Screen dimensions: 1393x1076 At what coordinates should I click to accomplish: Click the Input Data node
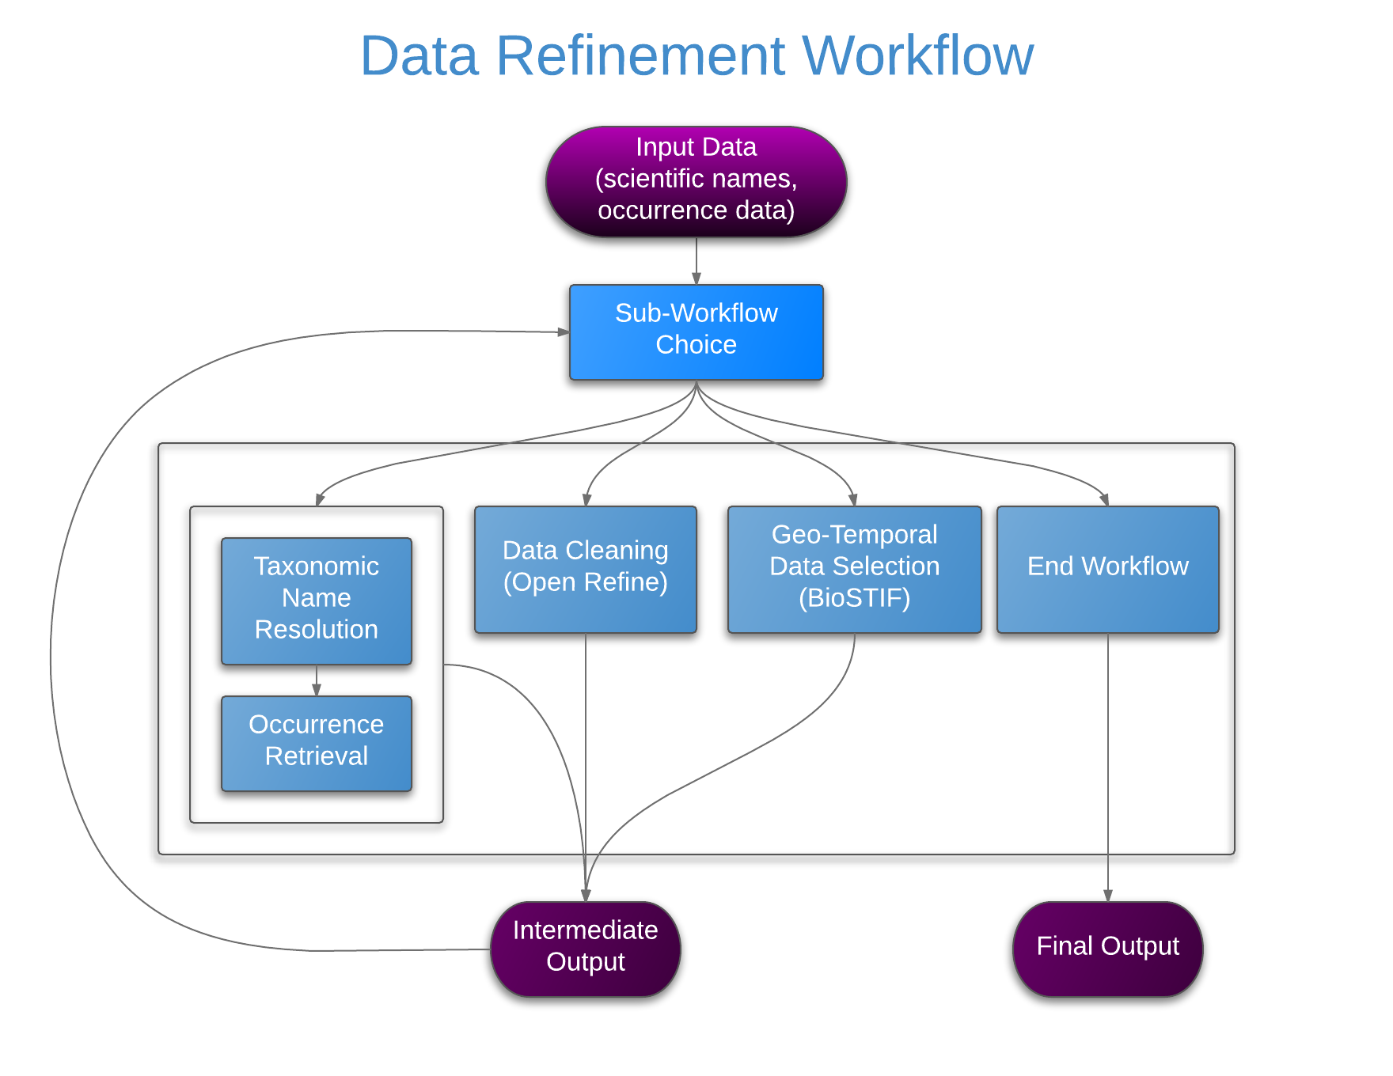click(x=696, y=181)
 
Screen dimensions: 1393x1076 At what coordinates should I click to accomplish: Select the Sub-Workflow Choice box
click(x=696, y=332)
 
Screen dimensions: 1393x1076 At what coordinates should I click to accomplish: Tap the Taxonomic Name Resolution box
click(x=317, y=601)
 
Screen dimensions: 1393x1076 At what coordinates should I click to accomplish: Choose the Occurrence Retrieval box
click(x=317, y=744)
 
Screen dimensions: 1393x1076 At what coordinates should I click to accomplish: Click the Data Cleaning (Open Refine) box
click(x=586, y=570)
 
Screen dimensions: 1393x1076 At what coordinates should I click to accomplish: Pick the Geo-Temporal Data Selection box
click(x=855, y=570)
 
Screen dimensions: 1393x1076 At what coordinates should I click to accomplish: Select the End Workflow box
click(x=1108, y=570)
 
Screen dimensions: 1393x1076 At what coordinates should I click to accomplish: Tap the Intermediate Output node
click(x=586, y=949)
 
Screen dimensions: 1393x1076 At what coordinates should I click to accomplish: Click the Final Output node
click(x=1108, y=949)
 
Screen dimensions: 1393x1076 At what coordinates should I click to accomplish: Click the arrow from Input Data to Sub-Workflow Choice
click(x=696, y=261)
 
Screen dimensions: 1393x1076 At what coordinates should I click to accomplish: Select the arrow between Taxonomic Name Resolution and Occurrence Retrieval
click(x=317, y=680)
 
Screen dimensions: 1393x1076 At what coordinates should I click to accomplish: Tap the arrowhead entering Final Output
click(x=1108, y=896)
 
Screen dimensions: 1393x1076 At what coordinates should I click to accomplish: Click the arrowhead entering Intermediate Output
click(x=586, y=896)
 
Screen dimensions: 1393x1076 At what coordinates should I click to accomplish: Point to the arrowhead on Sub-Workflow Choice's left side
click(x=564, y=332)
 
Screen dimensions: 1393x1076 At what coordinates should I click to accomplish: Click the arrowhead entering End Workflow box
click(x=1105, y=500)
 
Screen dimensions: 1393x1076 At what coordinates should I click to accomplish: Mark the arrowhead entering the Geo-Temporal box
click(x=853, y=500)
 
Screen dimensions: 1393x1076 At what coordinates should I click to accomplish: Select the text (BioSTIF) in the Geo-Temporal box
click(x=855, y=598)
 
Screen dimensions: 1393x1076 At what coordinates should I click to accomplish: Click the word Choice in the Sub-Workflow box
click(x=696, y=345)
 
